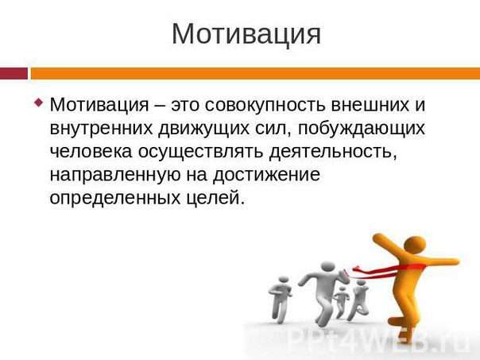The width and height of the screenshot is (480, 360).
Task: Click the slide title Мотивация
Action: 246,33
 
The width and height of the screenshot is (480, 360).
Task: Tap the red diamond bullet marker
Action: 39,102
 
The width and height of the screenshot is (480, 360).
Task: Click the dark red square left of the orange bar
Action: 14,73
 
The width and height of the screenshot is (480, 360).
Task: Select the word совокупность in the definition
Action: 265,105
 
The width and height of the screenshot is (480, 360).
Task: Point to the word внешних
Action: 370,104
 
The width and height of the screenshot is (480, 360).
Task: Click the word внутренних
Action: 101,128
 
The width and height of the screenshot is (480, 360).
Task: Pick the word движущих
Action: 204,129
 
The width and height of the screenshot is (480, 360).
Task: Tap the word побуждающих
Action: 362,129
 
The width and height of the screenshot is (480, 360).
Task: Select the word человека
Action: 91,151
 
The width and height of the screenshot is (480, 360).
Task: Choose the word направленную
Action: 115,175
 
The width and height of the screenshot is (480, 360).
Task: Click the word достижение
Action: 267,175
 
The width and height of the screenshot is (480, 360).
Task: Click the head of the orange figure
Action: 415,246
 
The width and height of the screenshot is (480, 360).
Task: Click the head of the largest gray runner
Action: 327,268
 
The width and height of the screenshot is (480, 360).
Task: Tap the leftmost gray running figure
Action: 280,300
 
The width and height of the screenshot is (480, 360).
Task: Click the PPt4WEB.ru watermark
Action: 378,340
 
